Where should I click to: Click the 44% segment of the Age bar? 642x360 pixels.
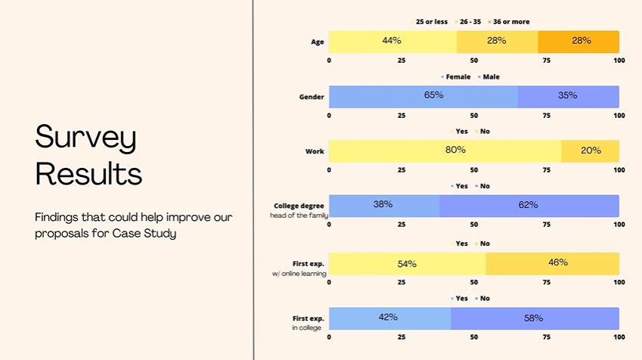coord(392,42)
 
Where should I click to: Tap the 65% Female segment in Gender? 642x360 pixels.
coord(423,96)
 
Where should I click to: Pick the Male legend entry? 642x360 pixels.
coord(491,76)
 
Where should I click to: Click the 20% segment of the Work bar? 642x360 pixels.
coord(591,151)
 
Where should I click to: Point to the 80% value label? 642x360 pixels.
coord(455,150)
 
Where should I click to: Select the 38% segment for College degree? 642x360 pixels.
coord(383,205)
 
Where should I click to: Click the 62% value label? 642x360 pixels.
coord(528,205)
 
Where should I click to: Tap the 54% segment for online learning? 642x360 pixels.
coord(407,263)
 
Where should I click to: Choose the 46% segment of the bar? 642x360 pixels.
coord(553,263)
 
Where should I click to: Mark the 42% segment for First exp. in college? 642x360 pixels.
coord(389,318)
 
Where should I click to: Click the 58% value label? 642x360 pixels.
coord(533,318)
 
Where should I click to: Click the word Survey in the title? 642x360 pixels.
coord(85,138)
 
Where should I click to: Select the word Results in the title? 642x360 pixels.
coord(88,173)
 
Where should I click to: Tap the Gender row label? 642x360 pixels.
coord(312,97)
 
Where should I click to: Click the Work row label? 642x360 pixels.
coord(315,151)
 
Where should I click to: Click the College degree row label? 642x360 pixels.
coord(299,205)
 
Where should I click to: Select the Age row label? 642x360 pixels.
coord(318,42)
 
